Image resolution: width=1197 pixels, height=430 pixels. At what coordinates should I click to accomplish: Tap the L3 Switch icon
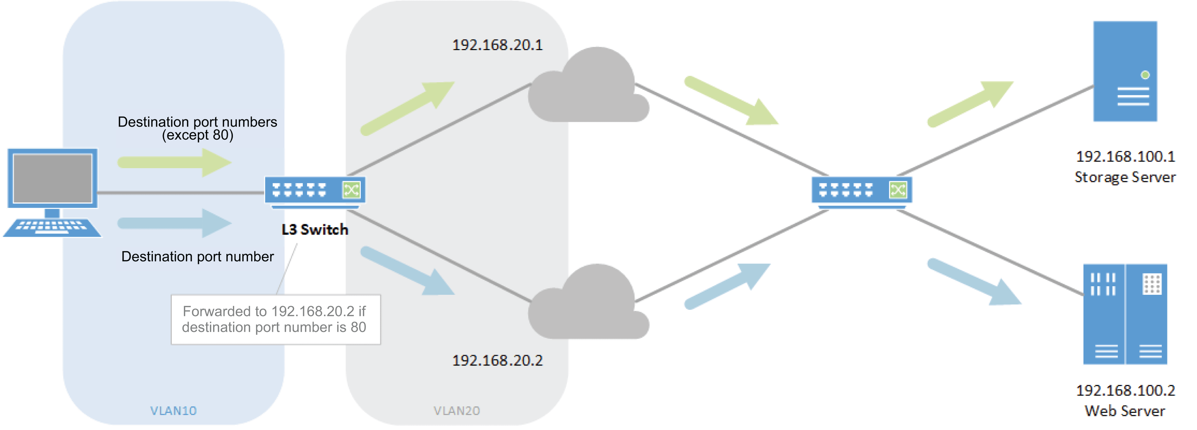pos(315,191)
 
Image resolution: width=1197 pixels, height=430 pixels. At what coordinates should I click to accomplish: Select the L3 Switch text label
pos(315,229)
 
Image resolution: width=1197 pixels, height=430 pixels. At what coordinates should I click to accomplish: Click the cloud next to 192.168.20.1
pos(588,88)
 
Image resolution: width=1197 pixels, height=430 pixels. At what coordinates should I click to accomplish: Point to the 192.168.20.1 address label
pos(497,45)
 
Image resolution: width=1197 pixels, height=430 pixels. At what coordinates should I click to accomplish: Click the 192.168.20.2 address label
pos(497,360)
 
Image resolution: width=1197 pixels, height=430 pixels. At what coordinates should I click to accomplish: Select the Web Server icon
pos(1125,314)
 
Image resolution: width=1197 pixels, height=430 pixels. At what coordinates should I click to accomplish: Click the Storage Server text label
pos(1125,177)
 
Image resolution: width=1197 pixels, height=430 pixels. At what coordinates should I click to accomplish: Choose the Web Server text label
pos(1125,411)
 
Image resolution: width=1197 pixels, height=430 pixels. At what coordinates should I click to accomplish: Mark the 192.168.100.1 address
pos(1125,156)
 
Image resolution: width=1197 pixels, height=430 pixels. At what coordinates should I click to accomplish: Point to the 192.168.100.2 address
pos(1125,391)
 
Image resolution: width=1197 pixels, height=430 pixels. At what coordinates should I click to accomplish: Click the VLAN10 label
pos(173,410)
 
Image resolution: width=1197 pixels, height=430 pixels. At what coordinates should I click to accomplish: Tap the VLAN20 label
pos(456,410)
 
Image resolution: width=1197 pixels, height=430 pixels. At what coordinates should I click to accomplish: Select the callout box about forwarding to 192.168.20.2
pos(275,319)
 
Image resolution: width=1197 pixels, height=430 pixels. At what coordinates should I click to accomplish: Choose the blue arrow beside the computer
pos(174,223)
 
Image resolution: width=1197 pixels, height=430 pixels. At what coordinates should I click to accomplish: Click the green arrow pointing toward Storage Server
pos(969,104)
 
